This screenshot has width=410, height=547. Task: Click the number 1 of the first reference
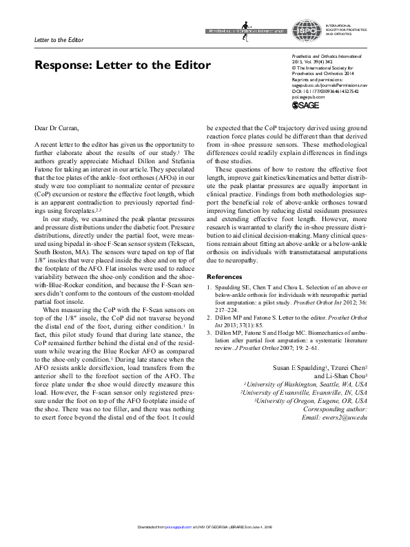pos(209,268)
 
